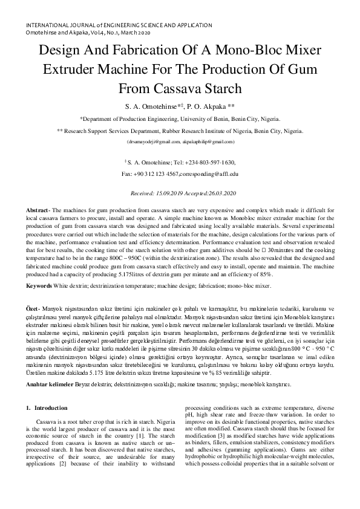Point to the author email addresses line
(180, 141)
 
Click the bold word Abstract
(37, 209)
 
